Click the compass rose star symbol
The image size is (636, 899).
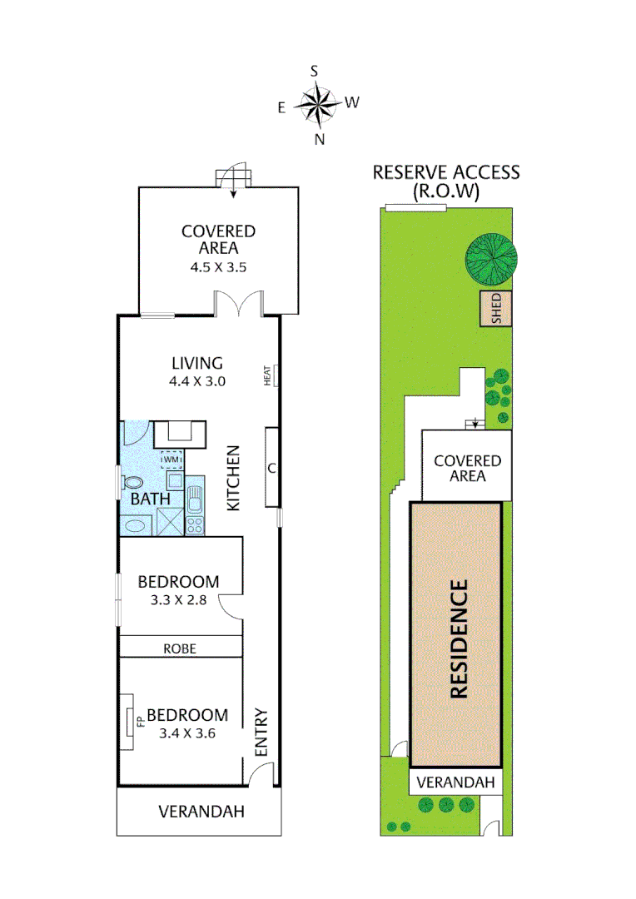[316, 106]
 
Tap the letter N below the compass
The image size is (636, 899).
[320, 139]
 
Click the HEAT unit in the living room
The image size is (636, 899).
[276, 375]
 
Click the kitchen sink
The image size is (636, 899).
[195, 499]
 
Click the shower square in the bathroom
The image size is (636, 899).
[171, 522]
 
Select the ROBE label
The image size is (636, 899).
[180, 648]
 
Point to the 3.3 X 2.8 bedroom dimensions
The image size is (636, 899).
[178, 600]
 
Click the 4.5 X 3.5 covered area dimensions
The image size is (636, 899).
[218, 267]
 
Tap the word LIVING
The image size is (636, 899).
[197, 363]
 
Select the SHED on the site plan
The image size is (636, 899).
[496, 309]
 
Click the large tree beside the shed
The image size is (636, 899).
[491, 259]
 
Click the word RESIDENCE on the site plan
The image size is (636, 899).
[459, 638]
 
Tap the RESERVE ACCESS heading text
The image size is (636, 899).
[446, 172]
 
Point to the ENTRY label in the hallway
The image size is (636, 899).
[261, 733]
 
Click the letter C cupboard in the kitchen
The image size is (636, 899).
[272, 467]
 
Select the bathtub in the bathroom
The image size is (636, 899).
[136, 526]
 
